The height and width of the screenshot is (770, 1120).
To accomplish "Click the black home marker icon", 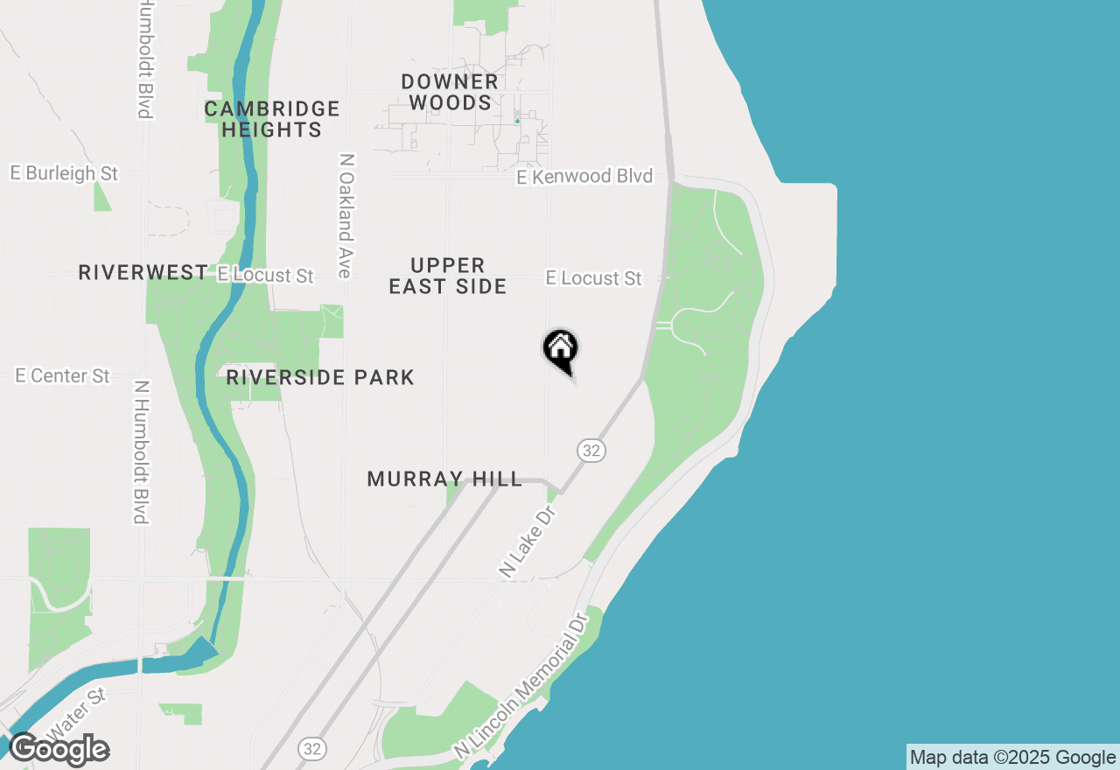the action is (561, 350).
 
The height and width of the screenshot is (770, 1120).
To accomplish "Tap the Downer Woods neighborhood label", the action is (450, 92).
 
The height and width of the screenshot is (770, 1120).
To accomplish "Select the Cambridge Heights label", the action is (271, 119).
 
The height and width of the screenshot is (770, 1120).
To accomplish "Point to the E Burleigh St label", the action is (64, 173).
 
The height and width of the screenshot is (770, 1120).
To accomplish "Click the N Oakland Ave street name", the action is (346, 216).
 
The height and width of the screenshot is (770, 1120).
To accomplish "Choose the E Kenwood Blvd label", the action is (584, 177).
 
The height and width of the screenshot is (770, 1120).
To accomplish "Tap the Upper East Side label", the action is (448, 276).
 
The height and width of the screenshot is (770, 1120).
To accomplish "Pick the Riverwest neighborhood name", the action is (143, 273).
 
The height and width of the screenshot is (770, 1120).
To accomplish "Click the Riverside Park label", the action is (320, 378).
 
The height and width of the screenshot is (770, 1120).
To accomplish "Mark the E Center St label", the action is (63, 376).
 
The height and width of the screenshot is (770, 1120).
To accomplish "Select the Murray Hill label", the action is (444, 479).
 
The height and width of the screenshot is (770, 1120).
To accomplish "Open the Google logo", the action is (59, 750).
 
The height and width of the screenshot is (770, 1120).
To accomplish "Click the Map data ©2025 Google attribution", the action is (1012, 758).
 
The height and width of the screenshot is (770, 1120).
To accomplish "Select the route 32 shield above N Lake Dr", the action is (591, 451).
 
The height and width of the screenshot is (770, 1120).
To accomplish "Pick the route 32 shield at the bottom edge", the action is (311, 749).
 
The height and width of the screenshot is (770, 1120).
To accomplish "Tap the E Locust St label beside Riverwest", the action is (265, 276).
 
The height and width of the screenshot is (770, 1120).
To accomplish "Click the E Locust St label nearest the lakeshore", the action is (594, 278).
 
